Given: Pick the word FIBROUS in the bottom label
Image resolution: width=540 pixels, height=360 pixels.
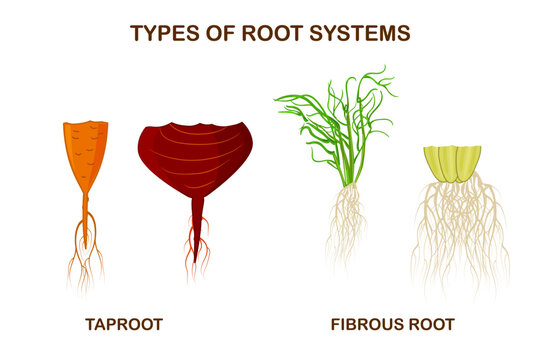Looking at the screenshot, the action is click(x=366, y=324).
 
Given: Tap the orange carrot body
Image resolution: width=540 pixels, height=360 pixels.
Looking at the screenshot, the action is click(x=85, y=150).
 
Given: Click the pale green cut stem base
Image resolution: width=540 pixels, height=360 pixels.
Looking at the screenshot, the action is click(x=452, y=163).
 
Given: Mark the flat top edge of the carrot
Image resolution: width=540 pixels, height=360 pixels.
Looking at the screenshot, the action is click(x=85, y=124).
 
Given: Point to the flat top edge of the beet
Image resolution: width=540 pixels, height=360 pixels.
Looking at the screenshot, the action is click(x=195, y=126).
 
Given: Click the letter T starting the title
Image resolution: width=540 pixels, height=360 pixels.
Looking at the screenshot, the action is click(x=136, y=33).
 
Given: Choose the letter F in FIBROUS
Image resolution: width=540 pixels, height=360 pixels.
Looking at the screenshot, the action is click(x=336, y=324).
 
